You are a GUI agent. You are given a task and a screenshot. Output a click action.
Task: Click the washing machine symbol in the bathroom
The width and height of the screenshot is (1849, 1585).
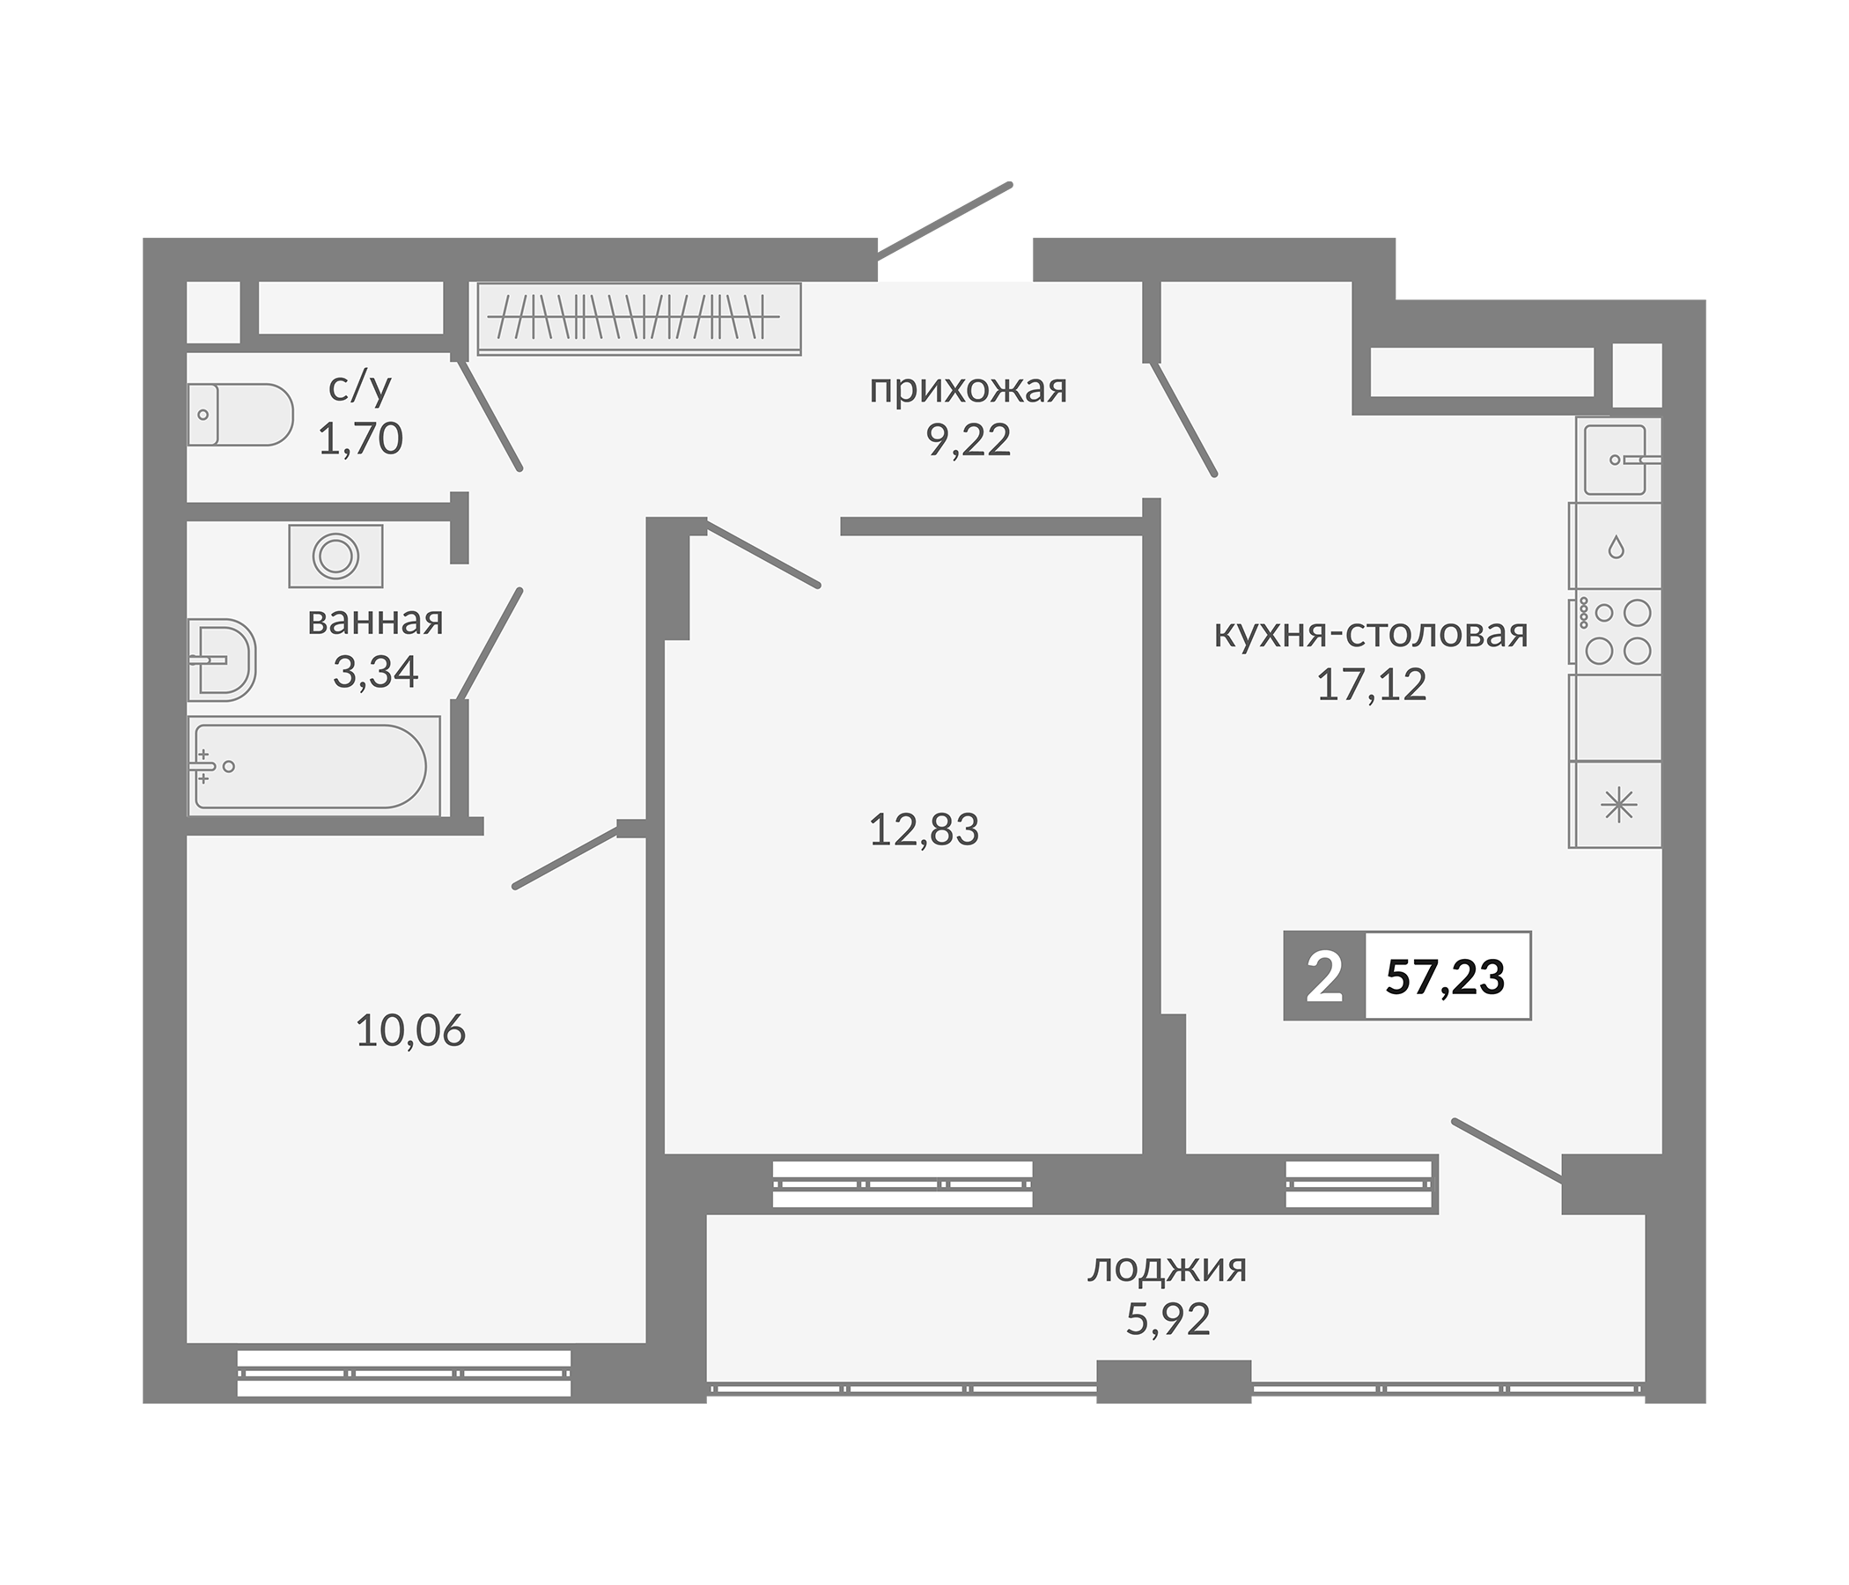(x=335, y=556)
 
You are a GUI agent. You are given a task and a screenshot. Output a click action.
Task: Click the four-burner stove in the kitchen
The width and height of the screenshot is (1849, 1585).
(x=1617, y=633)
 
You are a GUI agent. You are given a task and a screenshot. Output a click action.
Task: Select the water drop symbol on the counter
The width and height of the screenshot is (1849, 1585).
(x=1616, y=546)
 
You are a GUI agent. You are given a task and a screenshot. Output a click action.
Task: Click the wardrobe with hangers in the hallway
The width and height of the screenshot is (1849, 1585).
(x=639, y=319)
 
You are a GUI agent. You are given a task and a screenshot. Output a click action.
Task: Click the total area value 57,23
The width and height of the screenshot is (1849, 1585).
(x=1445, y=977)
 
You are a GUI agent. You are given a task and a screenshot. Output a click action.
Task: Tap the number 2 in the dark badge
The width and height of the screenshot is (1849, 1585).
(x=1323, y=977)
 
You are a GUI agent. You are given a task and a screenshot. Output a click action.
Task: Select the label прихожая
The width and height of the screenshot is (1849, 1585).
(x=969, y=390)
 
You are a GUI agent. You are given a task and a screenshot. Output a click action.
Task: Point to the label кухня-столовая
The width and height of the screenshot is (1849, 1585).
(x=1372, y=634)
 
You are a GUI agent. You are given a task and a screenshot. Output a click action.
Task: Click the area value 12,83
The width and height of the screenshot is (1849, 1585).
(x=924, y=830)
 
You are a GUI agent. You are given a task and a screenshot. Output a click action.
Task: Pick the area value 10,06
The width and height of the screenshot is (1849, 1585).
(x=410, y=1032)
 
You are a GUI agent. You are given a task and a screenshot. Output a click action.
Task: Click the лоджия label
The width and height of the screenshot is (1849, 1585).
(x=1168, y=1268)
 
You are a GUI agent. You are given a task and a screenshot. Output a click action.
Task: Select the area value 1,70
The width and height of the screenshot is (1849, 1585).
(x=360, y=439)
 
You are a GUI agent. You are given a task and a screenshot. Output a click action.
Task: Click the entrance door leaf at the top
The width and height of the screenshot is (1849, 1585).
(x=944, y=220)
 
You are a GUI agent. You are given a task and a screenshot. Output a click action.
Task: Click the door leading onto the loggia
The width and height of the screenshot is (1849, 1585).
(x=1507, y=1150)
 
